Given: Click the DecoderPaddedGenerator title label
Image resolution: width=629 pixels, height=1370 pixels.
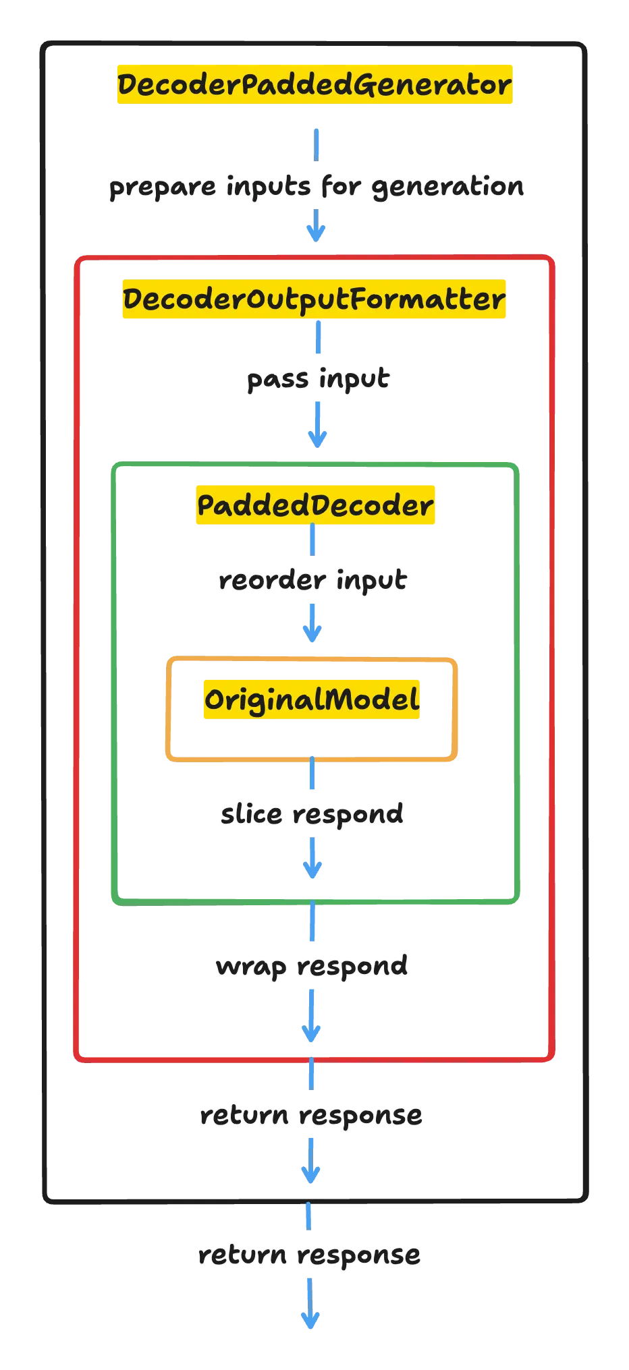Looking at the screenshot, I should [x=313, y=84].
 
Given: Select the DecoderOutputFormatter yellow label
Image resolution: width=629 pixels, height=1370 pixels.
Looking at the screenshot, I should [x=313, y=299].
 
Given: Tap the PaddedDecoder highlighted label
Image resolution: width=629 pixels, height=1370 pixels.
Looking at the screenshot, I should [x=315, y=505].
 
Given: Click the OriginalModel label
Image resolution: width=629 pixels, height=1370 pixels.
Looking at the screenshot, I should [x=311, y=700].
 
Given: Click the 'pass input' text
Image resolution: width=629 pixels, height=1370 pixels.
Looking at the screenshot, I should [x=318, y=379].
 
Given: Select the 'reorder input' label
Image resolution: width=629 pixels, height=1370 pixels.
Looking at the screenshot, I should [x=312, y=580].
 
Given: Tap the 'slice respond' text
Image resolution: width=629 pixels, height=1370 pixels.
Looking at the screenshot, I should [x=312, y=814].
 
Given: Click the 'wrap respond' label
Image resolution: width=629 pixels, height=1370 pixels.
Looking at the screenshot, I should [x=312, y=966].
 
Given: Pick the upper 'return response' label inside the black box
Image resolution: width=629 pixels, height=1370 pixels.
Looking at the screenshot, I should [x=311, y=1116].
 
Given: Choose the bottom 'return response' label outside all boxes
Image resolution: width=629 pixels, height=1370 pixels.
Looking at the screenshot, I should [x=310, y=1255].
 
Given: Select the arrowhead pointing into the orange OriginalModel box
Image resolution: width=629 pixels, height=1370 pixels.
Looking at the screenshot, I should [x=312, y=633].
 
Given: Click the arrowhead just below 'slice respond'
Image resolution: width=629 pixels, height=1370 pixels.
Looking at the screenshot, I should [x=312, y=869].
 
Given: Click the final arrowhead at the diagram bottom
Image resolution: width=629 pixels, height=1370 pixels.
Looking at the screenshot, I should [x=310, y=1321].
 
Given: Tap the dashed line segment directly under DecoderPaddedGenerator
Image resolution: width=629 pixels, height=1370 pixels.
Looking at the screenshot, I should [x=317, y=144].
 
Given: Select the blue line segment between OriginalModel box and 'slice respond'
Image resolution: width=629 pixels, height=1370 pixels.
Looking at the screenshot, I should [x=312, y=776].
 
